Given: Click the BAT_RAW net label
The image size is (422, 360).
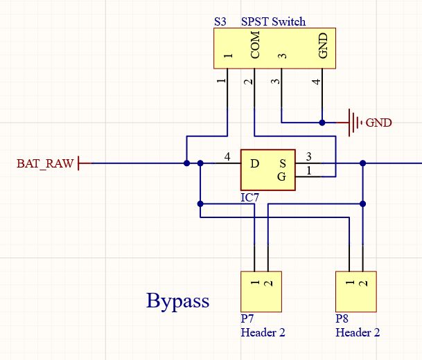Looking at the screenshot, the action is click(x=45, y=163).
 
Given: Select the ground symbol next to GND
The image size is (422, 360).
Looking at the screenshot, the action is click(x=354, y=123).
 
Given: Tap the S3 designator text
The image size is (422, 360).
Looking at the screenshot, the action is click(x=220, y=21).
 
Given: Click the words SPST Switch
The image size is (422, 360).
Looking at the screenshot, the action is click(x=273, y=21).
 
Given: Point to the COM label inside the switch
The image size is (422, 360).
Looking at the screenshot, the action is click(x=255, y=45).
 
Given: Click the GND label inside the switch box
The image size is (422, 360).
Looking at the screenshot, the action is click(x=323, y=46).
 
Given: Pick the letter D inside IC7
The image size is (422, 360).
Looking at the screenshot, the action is click(x=254, y=163).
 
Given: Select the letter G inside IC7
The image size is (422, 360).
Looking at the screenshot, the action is click(x=281, y=177).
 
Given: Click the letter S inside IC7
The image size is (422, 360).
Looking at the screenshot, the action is click(x=282, y=163).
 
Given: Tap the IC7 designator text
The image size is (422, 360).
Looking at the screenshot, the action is click(x=249, y=197).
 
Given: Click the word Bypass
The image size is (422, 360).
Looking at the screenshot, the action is click(x=177, y=301).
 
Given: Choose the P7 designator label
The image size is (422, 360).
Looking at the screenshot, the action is click(x=247, y=318).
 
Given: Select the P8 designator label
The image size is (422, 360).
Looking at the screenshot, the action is click(x=342, y=318).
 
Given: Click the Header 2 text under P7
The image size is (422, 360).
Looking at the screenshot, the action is click(x=263, y=332).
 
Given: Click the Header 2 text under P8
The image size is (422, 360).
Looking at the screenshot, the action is click(x=358, y=332).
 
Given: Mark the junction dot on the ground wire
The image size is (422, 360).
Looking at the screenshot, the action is click(x=322, y=123).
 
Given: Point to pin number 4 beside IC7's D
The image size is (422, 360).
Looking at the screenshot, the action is click(x=227, y=156).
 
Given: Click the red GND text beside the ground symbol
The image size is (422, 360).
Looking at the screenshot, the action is click(x=378, y=123).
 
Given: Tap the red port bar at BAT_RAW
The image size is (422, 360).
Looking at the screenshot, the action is click(x=78, y=163).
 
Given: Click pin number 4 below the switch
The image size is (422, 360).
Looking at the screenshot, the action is click(x=317, y=82).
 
